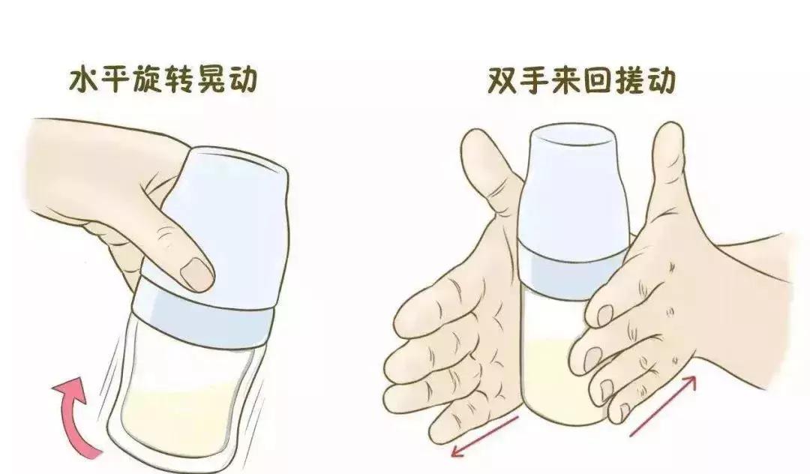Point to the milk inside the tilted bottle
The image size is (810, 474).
[180, 420]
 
